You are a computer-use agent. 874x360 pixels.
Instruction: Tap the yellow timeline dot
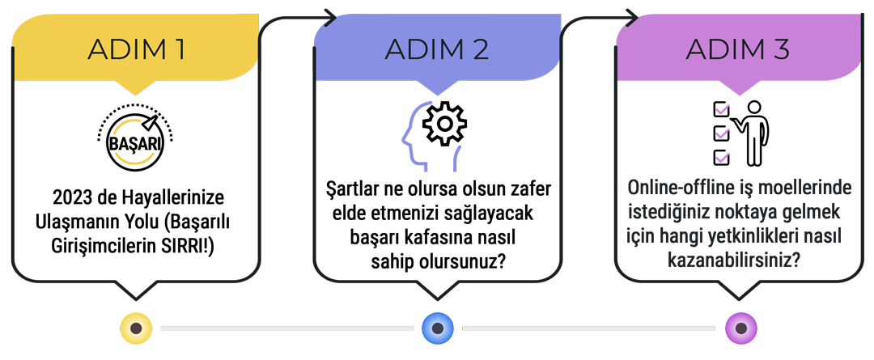click(x=136, y=328)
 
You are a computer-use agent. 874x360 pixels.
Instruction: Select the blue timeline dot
click(x=437, y=328)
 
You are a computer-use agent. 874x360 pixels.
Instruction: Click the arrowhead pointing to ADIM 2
click(x=329, y=17)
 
